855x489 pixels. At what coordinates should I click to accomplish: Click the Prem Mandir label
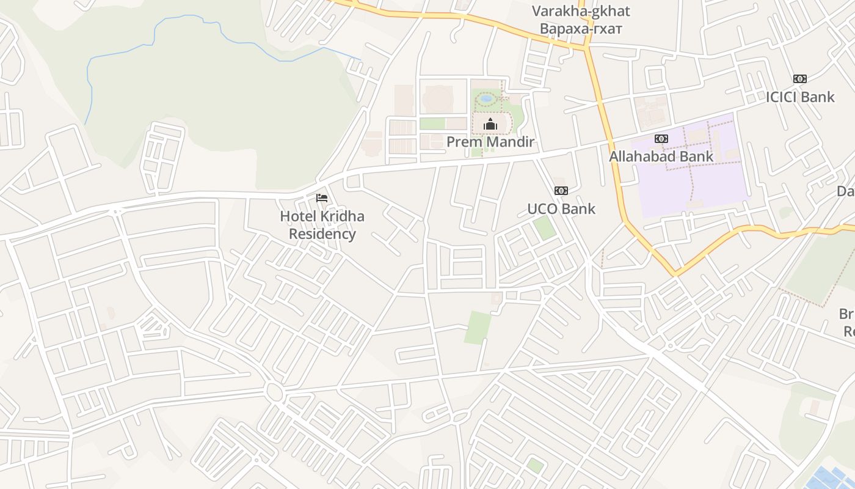(490, 142)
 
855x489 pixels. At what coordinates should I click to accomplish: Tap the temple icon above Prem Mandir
(490, 125)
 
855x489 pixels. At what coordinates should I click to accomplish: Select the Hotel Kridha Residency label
(322, 225)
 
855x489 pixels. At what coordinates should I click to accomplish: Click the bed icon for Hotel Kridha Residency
(322, 198)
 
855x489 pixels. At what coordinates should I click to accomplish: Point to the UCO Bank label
(561, 209)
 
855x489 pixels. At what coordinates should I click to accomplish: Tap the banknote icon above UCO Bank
(561, 191)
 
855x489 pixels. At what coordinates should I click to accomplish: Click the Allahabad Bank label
(661, 156)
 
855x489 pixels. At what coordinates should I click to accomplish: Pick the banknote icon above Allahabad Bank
(661, 139)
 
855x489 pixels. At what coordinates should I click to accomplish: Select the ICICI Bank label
(800, 97)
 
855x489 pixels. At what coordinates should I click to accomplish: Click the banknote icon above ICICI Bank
(800, 79)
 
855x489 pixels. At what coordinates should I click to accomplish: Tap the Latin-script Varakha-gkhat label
(581, 11)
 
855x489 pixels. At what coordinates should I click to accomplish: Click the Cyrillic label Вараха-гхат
(581, 29)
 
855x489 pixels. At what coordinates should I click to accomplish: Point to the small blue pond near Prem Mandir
(487, 98)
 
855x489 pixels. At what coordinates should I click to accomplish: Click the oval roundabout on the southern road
(274, 391)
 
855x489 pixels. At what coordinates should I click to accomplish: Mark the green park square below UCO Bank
(544, 228)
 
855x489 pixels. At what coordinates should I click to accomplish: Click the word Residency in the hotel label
(322, 234)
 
